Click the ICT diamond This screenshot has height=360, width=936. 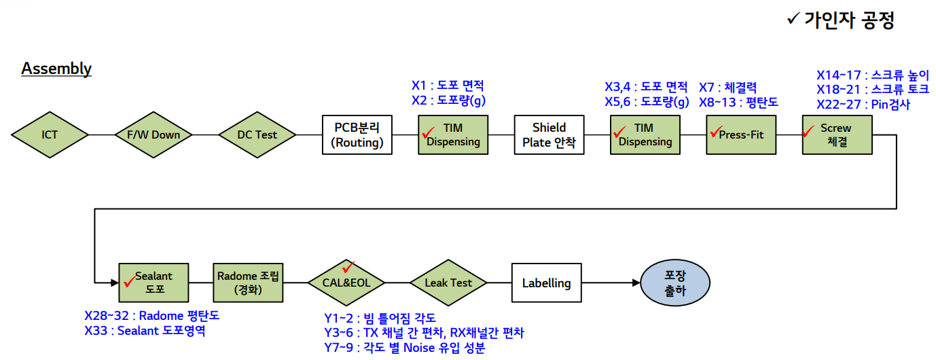click(x=50, y=134)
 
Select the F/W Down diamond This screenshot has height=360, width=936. click(x=154, y=134)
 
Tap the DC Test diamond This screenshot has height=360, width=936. click(x=257, y=134)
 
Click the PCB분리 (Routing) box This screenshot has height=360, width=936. click(x=357, y=134)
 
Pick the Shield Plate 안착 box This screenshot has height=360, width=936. click(x=549, y=134)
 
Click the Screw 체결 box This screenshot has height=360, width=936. click(x=836, y=134)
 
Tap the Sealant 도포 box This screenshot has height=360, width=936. click(x=154, y=283)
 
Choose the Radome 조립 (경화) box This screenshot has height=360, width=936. click(x=248, y=283)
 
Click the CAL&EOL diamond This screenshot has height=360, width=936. click(x=346, y=283)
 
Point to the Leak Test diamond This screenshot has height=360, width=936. click(x=448, y=283)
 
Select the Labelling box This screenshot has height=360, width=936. click(x=546, y=283)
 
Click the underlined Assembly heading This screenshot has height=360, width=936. click(x=56, y=69)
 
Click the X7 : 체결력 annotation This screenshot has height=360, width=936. click(x=727, y=88)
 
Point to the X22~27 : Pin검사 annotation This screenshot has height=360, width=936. click(x=863, y=105)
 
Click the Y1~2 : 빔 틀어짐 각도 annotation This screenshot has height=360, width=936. click(x=380, y=318)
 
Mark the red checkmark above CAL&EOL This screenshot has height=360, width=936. click(x=349, y=266)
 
